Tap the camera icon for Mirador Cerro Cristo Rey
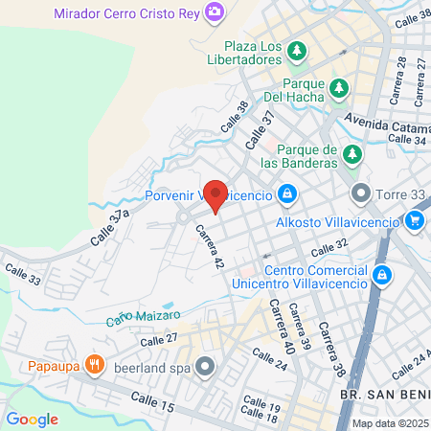(x=216, y=11)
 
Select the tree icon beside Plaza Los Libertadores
(x=298, y=49)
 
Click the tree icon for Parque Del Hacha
(x=338, y=89)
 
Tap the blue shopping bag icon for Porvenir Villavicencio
(x=286, y=196)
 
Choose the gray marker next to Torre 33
(x=361, y=194)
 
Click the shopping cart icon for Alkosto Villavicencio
(x=414, y=222)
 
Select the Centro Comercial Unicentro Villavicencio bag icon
(x=382, y=276)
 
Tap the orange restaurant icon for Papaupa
(x=94, y=363)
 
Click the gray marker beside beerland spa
(x=205, y=365)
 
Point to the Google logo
(x=33, y=420)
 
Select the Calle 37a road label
(x=109, y=228)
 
